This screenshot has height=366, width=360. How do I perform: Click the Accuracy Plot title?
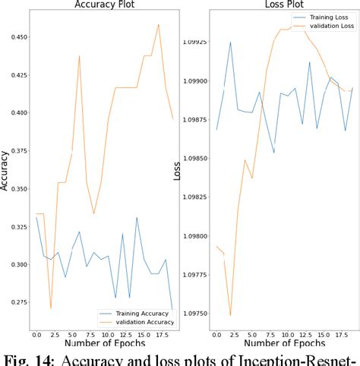pos(105,5)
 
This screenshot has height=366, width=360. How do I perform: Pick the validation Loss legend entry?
pos(324,26)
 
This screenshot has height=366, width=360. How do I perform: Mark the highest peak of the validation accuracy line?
pos(159,24)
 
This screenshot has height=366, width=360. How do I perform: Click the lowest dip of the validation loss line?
pos(230,314)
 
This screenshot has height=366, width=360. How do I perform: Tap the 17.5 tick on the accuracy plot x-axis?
pos(158,333)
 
